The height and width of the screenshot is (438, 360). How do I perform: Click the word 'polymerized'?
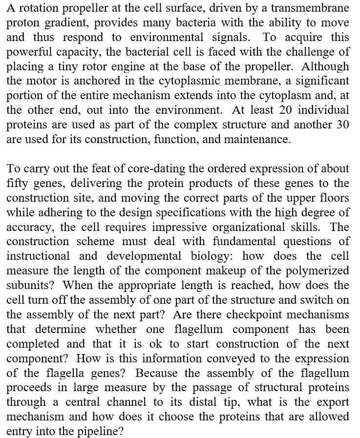pos(318,271)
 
